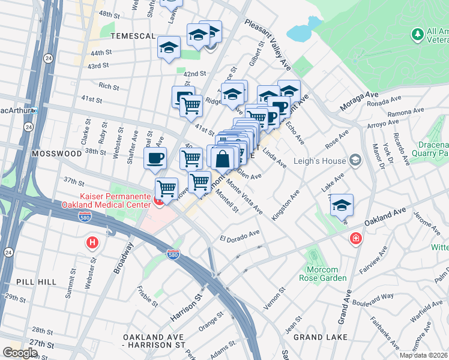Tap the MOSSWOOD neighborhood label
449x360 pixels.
click(56, 154)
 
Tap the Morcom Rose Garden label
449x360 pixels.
click(323, 273)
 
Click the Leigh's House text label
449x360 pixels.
click(321, 161)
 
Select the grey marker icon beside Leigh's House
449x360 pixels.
click(355, 160)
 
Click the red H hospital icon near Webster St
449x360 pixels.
click(92, 242)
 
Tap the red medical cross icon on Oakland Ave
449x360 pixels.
click(357, 239)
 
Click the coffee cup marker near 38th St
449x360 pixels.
click(155, 158)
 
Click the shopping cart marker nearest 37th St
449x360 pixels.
click(166, 188)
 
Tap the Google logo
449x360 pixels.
click(20, 352)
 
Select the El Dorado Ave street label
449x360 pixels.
click(239, 235)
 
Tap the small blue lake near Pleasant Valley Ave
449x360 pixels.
click(303, 28)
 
